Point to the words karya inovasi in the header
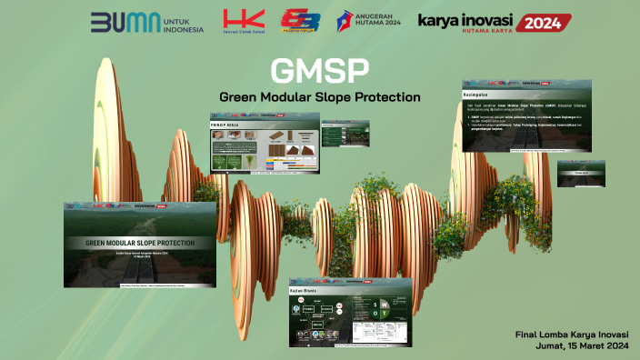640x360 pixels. coord(465,19)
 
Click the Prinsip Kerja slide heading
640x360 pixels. coord(230,123)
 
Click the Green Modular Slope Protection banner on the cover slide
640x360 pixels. coord(139,243)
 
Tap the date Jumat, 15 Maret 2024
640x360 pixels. coord(578,346)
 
